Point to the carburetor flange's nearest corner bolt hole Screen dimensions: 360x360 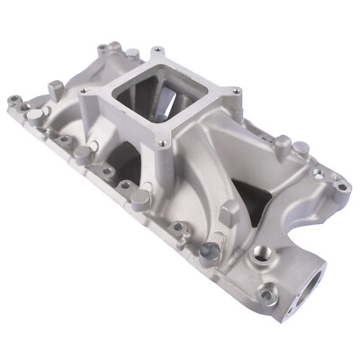tap(163, 142)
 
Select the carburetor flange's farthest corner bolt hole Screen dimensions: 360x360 tap(158, 49)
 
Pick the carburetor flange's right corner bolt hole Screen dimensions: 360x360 tap(235, 91)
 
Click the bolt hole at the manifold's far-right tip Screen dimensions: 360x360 tap(343, 188)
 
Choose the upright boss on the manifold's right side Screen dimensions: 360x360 tap(283, 146)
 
